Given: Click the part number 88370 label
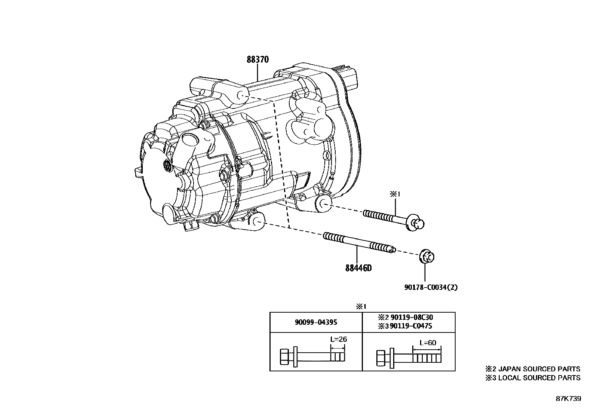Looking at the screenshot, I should pyautogui.click(x=258, y=59).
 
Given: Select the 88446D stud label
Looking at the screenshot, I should pyautogui.click(x=358, y=268).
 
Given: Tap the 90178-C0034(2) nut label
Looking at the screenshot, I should pyautogui.click(x=431, y=287).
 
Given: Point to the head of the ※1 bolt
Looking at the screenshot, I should pyautogui.click(x=416, y=223).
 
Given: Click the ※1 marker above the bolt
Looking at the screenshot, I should pyautogui.click(x=395, y=194).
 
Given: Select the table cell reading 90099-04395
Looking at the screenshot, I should pyautogui.click(x=316, y=322).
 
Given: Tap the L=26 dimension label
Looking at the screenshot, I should pyautogui.click(x=338, y=340).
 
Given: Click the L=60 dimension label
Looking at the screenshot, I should pyautogui.click(x=428, y=343).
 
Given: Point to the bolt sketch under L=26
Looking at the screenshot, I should pyautogui.click(x=312, y=356).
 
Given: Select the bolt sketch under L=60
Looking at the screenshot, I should pyautogui.click(x=408, y=358).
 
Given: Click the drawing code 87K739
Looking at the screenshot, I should pyautogui.click(x=568, y=398).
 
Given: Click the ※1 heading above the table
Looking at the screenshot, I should pyautogui.click(x=360, y=306).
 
